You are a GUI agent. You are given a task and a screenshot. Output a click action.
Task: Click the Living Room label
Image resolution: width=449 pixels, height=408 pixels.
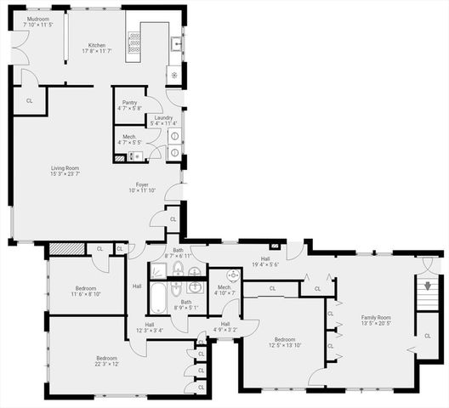click(x=65, y=171)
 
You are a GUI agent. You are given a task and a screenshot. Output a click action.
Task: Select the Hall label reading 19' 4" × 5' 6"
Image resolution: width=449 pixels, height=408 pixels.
click(x=265, y=261)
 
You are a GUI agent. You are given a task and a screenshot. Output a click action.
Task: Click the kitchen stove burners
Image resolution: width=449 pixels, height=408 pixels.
click(x=134, y=43)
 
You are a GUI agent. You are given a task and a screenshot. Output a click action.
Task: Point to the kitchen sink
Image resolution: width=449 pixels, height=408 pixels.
click(x=175, y=42)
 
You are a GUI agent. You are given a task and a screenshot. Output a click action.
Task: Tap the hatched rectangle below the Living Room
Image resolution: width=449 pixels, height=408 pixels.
click(x=66, y=248)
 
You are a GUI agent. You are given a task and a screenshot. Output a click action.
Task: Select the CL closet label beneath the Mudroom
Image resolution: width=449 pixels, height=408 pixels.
click(x=30, y=100)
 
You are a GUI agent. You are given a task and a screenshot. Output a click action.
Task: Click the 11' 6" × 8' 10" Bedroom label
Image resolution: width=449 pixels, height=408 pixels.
click(x=85, y=291)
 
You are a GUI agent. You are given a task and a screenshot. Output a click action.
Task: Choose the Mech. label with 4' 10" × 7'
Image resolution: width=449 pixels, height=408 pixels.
click(x=224, y=290)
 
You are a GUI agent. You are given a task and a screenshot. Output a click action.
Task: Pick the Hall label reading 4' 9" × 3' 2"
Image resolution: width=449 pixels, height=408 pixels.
click(x=225, y=327)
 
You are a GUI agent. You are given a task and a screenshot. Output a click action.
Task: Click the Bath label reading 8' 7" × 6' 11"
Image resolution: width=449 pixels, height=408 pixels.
click(x=179, y=253)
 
